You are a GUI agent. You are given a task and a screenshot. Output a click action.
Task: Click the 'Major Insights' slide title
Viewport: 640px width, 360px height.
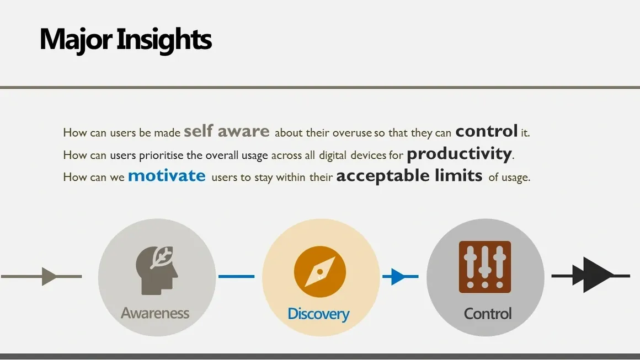(x=125, y=40)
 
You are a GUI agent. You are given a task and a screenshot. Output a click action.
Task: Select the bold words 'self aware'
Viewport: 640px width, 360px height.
(x=227, y=131)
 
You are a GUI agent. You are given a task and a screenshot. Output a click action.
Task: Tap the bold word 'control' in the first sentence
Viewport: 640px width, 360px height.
(x=487, y=131)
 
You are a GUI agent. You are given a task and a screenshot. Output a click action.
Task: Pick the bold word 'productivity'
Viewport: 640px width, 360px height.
(x=459, y=154)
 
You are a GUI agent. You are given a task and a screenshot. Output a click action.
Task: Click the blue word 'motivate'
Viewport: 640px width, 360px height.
(x=167, y=176)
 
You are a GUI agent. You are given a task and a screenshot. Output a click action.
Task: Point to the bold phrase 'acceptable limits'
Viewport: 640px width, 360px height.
(x=409, y=176)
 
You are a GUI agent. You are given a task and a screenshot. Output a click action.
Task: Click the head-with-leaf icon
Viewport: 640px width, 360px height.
(x=157, y=270)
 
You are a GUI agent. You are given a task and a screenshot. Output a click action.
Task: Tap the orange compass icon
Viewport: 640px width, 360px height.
(x=320, y=272)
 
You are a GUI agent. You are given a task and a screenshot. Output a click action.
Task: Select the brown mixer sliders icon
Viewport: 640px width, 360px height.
(x=485, y=267)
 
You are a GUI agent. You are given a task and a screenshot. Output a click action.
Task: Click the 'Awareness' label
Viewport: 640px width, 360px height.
(x=155, y=313)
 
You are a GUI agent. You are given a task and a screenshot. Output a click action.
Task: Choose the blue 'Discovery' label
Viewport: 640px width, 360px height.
(x=318, y=314)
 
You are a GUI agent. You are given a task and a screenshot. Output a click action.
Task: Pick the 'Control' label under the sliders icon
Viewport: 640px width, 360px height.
(x=488, y=314)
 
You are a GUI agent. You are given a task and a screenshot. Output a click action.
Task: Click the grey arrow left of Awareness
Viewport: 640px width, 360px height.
(x=41, y=276)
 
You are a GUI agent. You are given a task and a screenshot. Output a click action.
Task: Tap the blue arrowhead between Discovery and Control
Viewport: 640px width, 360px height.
(x=398, y=276)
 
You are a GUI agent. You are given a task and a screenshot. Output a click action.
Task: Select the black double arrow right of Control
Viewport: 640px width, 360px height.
(x=590, y=275)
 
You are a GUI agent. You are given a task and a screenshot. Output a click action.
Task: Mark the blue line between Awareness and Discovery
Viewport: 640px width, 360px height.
(x=236, y=276)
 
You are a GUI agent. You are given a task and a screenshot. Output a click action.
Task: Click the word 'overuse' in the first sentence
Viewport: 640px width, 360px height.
(x=352, y=133)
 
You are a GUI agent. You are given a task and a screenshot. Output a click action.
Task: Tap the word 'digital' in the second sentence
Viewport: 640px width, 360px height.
(x=332, y=155)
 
